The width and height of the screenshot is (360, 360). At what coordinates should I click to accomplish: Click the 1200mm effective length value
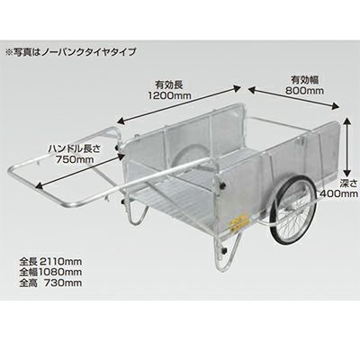(169, 96)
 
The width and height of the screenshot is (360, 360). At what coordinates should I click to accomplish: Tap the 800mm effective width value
(304, 90)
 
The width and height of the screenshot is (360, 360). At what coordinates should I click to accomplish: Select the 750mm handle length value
(75, 158)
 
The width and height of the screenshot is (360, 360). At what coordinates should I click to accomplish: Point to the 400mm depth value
(339, 193)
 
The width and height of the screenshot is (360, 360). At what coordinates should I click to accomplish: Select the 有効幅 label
(304, 79)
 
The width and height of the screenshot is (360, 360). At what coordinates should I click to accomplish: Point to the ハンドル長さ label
(74, 148)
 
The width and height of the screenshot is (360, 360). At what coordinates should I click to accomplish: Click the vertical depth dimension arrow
(346, 147)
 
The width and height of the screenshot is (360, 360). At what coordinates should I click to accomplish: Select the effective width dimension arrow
(292, 98)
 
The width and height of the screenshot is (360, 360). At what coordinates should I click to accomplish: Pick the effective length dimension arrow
(179, 104)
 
